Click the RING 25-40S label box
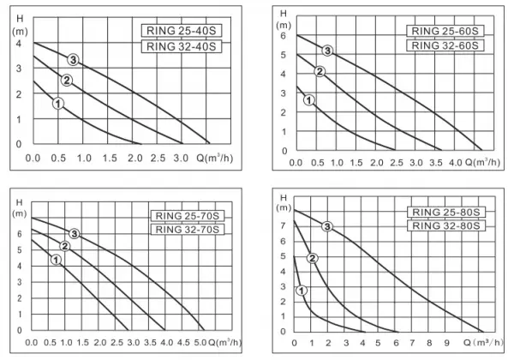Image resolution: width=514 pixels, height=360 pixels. pyautogui.click(x=182, y=31)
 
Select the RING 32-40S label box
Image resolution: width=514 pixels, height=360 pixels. pyautogui.click(x=182, y=46)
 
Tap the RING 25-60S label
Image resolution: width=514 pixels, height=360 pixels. pyautogui.click(x=445, y=31)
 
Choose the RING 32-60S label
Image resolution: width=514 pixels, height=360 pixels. pyautogui.click(x=445, y=45)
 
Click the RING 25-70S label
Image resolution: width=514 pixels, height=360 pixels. pyautogui.click(x=188, y=216)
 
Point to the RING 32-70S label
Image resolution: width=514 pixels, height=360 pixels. pyautogui.click(x=188, y=229)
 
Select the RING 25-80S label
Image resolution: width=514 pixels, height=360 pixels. pyautogui.click(x=446, y=212)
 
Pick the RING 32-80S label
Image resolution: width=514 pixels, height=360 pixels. pyautogui.click(x=446, y=225)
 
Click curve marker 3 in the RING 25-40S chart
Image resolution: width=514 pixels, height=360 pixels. pyautogui.click(x=73, y=60)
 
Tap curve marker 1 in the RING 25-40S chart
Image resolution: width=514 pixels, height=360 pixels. pyautogui.click(x=58, y=104)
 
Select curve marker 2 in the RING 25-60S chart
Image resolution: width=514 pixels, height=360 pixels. pyautogui.click(x=320, y=71)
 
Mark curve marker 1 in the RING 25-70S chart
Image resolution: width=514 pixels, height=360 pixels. pyautogui.click(x=56, y=260)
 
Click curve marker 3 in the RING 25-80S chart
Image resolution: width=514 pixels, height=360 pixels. pyautogui.click(x=327, y=226)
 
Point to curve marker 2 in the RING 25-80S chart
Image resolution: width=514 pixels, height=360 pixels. pyautogui.click(x=313, y=258)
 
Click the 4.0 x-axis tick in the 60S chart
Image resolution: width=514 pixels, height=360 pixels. pyautogui.click(x=456, y=163)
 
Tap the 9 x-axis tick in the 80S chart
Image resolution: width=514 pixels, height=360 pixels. pyautogui.click(x=447, y=343)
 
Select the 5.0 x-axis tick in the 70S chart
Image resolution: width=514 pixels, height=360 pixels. pyautogui.click(x=200, y=343)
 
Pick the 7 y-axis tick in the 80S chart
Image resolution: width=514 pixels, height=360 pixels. pyautogui.click(x=283, y=225)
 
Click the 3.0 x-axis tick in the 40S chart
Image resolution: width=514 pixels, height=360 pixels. pyautogui.click(x=181, y=159)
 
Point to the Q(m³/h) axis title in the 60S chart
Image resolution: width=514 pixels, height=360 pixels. pyautogui.click(x=482, y=162)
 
